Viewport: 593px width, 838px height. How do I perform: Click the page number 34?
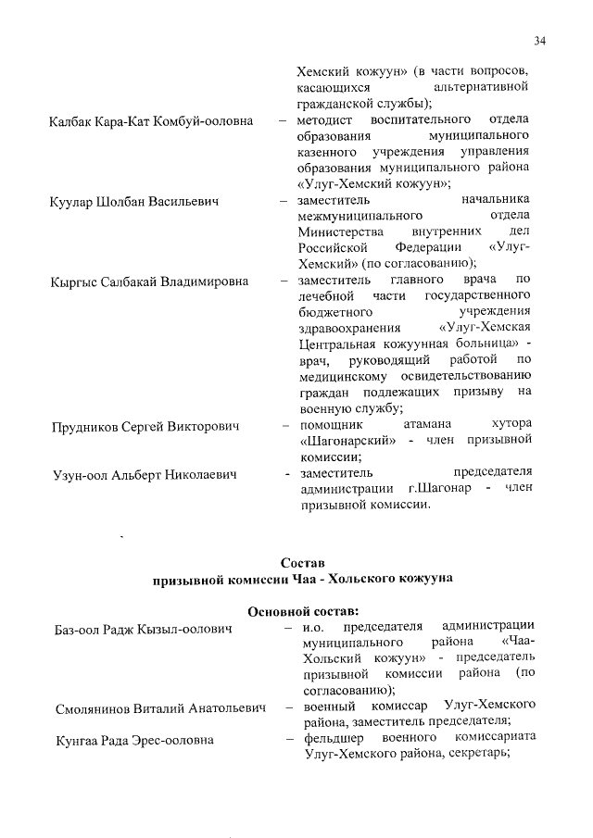[539, 40]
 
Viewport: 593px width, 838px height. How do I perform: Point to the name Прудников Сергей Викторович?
[145, 427]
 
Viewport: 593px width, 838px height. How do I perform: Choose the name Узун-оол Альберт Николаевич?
[143, 476]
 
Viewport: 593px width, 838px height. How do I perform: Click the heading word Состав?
[302, 564]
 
